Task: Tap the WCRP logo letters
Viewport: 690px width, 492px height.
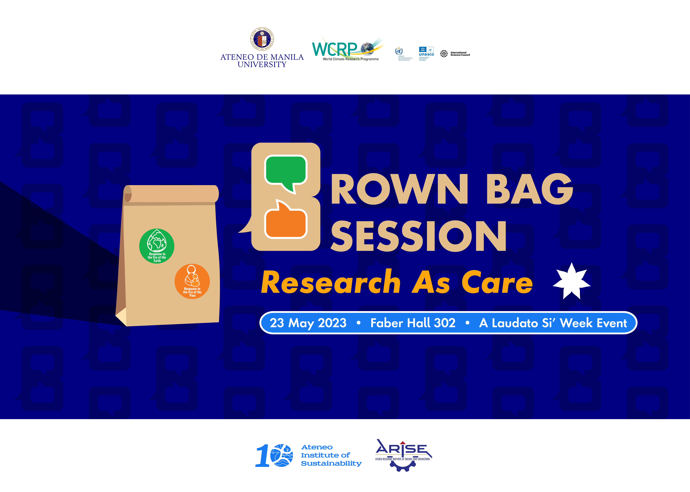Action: (335, 49)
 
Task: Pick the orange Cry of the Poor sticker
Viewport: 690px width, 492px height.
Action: (192, 281)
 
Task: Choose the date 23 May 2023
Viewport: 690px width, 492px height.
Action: (308, 323)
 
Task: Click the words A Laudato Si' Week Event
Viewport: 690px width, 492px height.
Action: (553, 323)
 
